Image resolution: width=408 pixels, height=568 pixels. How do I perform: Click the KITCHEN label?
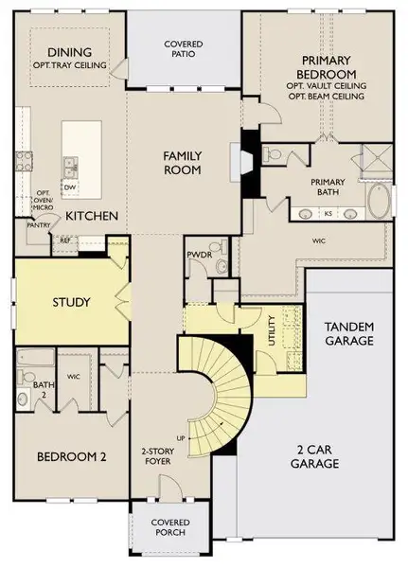(x=91, y=216)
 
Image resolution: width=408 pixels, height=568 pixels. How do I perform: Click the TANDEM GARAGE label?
(x=349, y=332)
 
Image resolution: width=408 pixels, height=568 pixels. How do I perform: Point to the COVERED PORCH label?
(x=170, y=528)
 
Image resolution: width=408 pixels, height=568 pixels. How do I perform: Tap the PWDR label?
(x=200, y=255)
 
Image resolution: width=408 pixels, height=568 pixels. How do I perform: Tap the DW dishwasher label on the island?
(x=70, y=187)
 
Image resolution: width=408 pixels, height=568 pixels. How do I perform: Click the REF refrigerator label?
(x=64, y=240)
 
